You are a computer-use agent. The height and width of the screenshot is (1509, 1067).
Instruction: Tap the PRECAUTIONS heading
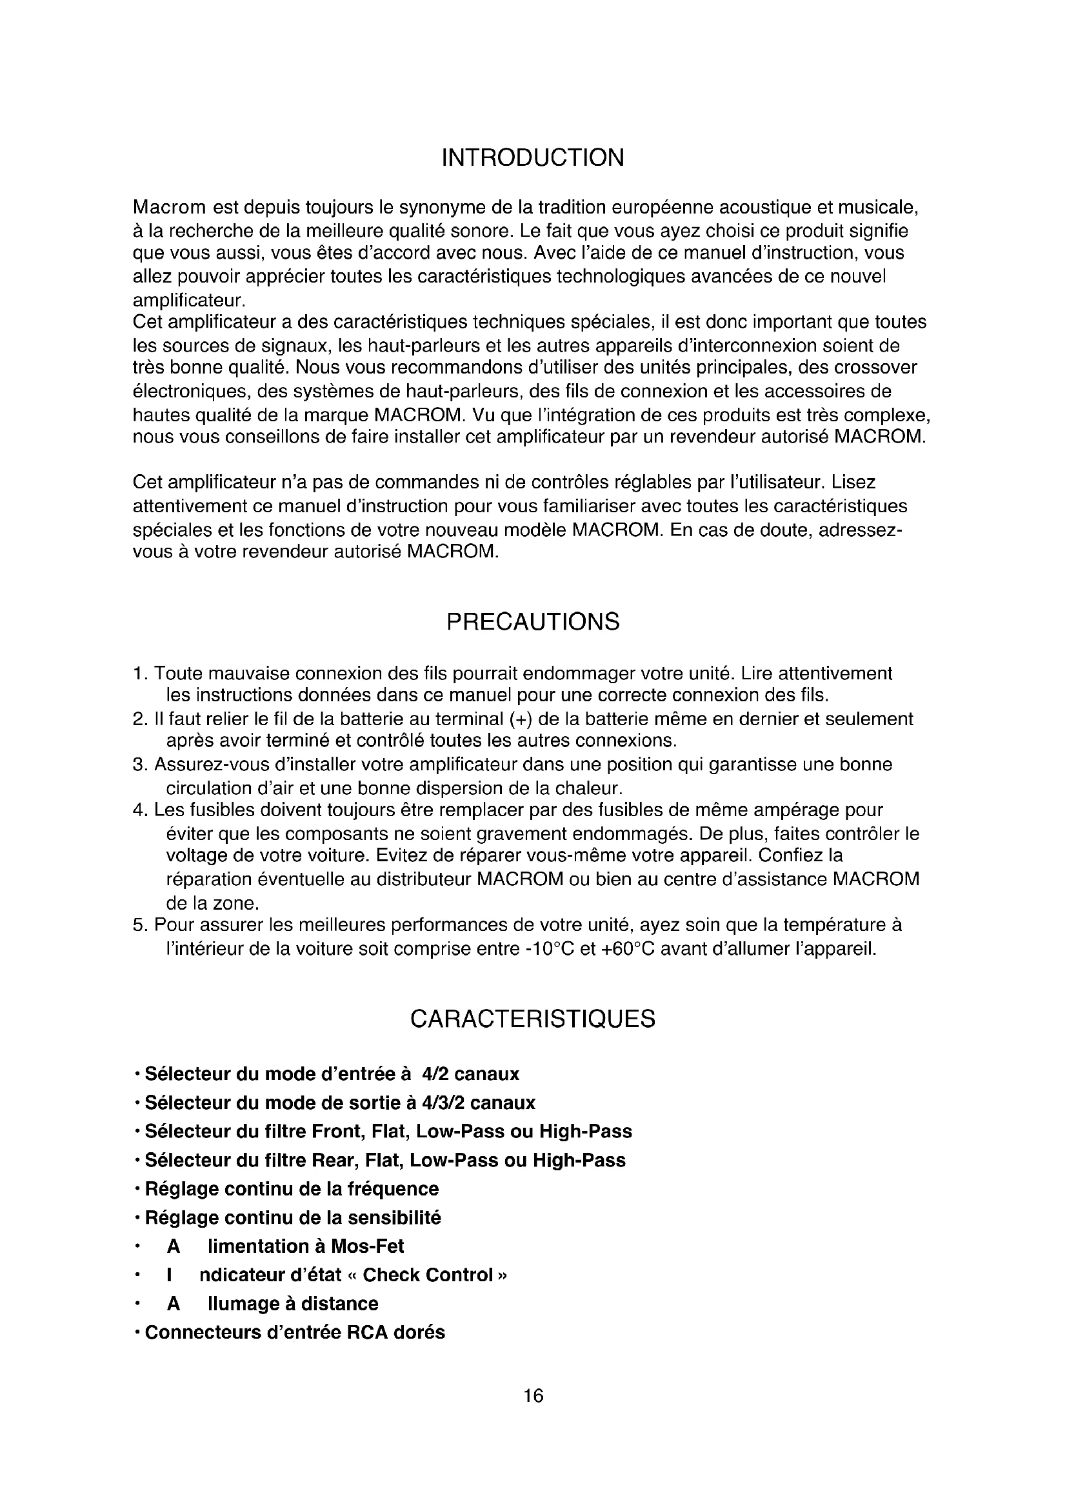coord(533,622)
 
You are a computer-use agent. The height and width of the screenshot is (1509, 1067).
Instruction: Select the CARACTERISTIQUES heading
coord(533,1019)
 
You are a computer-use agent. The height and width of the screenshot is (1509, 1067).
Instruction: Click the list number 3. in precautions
coord(139,765)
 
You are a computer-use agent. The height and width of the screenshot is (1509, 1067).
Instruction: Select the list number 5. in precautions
coord(139,925)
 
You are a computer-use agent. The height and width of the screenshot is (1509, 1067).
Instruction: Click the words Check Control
coord(428,1275)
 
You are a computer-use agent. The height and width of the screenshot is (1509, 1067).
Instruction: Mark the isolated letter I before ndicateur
coord(170,1275)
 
